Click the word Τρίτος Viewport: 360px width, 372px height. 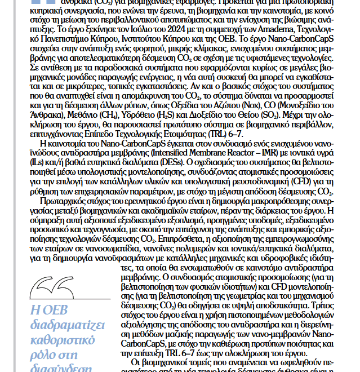pos(325,317)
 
